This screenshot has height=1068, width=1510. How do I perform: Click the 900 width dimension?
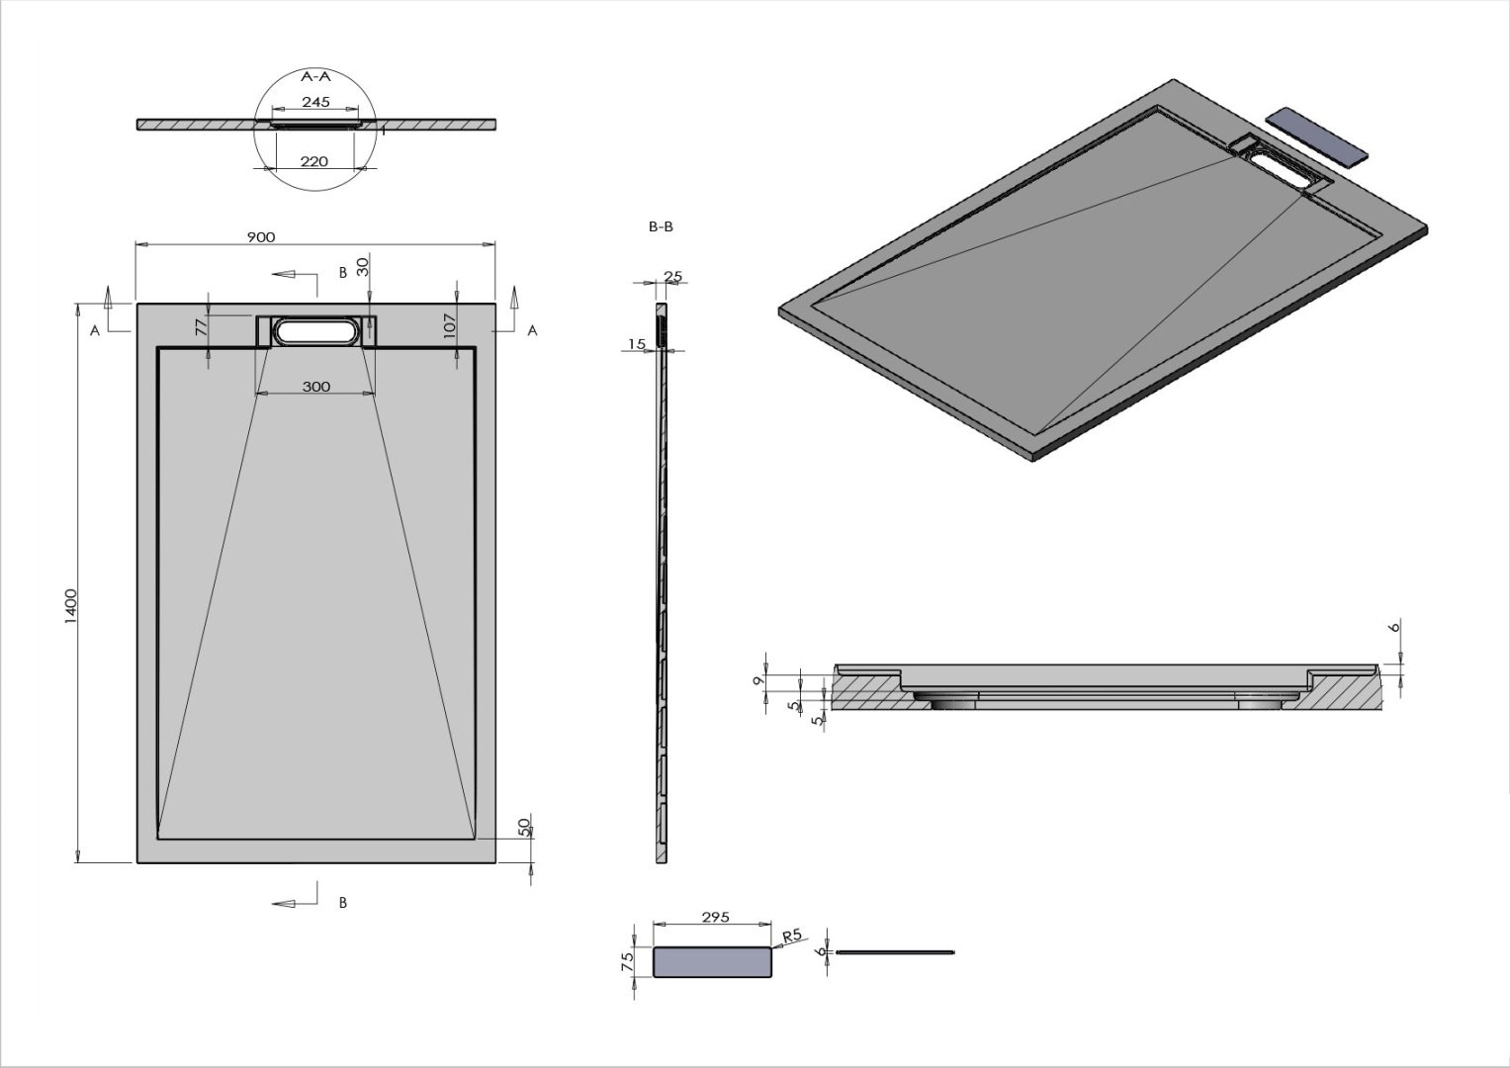(x=260, y=237)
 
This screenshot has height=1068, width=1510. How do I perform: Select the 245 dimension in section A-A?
(x=315, y=103)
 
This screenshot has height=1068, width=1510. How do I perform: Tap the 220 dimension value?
(x=313, y=161)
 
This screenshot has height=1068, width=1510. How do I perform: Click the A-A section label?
(x=314, y=75)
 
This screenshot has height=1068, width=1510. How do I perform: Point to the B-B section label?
(x=661, y=226)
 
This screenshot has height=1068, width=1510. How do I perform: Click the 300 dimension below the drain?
(x=315, y=387)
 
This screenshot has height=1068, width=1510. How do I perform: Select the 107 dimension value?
(x=449, y=327)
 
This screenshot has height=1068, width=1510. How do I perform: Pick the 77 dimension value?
(x=200, y=325)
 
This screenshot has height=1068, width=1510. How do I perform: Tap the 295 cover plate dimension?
(x=714, y=918)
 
